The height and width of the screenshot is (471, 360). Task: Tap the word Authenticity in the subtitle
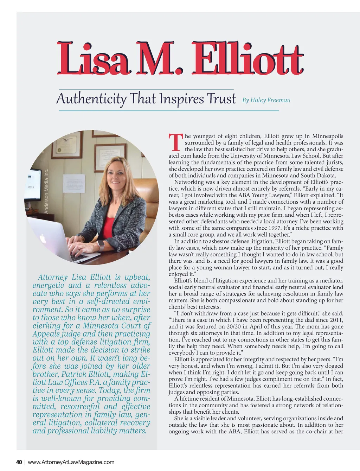point(91,99)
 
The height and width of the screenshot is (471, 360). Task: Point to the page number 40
point(19,462)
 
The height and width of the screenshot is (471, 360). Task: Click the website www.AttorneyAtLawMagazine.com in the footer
point(71,462)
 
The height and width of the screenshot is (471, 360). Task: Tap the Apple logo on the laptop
point(43,239)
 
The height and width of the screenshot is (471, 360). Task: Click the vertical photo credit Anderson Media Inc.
point(46,191)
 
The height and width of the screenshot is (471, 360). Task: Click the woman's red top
point(109,225)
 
